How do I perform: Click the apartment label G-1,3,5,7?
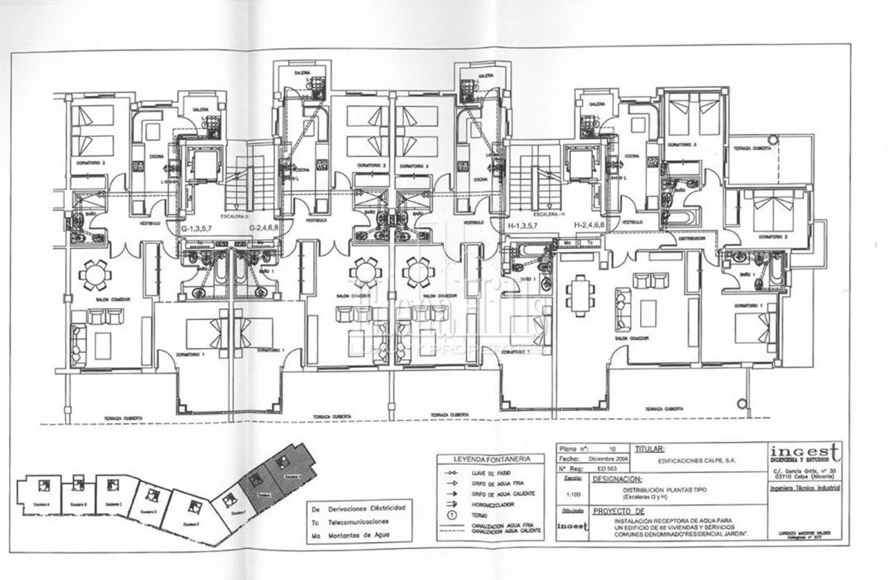click(x=196, y=229)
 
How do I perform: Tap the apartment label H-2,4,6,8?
click(x=589, y=225)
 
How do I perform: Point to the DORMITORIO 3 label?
click(x=682, y=145)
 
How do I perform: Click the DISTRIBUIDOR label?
click(x=692, y=239)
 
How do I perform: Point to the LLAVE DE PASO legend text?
click(x=486, y=473)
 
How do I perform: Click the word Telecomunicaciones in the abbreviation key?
click(x=358, y=522)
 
